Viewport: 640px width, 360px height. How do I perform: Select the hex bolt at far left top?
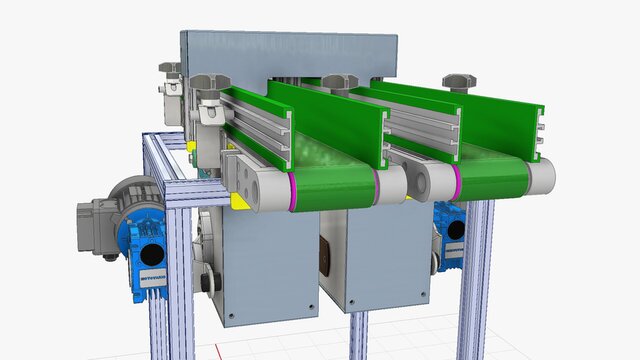(x=170, y=68)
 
